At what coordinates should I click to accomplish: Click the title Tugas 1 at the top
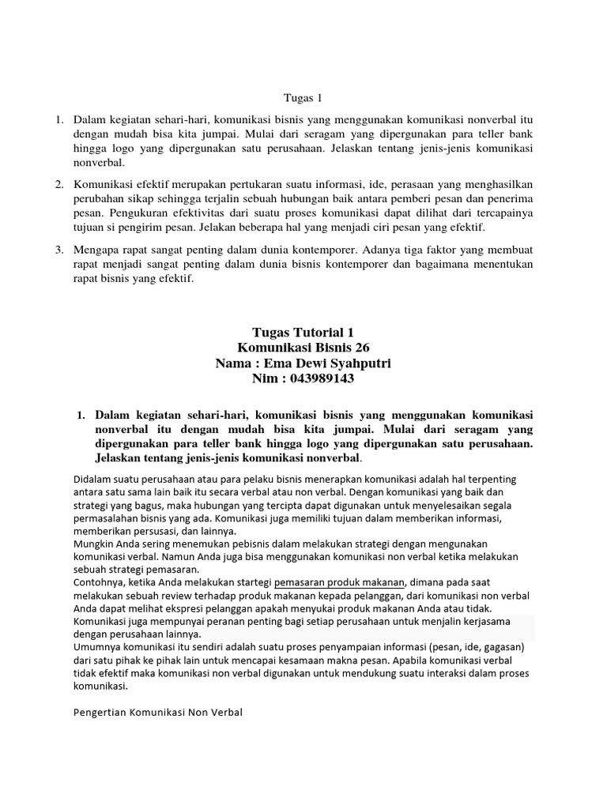[x=303, y=99]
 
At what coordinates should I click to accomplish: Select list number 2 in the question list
[x=58, y=184]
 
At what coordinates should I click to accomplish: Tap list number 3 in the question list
[x=58, y=250]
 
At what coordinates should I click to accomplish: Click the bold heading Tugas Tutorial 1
[x=303, y=333]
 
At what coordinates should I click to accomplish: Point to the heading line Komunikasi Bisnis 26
[x=303, y=348]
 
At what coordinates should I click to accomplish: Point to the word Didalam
[x=94, y=480]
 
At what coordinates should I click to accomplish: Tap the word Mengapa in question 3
[x=97, y=250]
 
